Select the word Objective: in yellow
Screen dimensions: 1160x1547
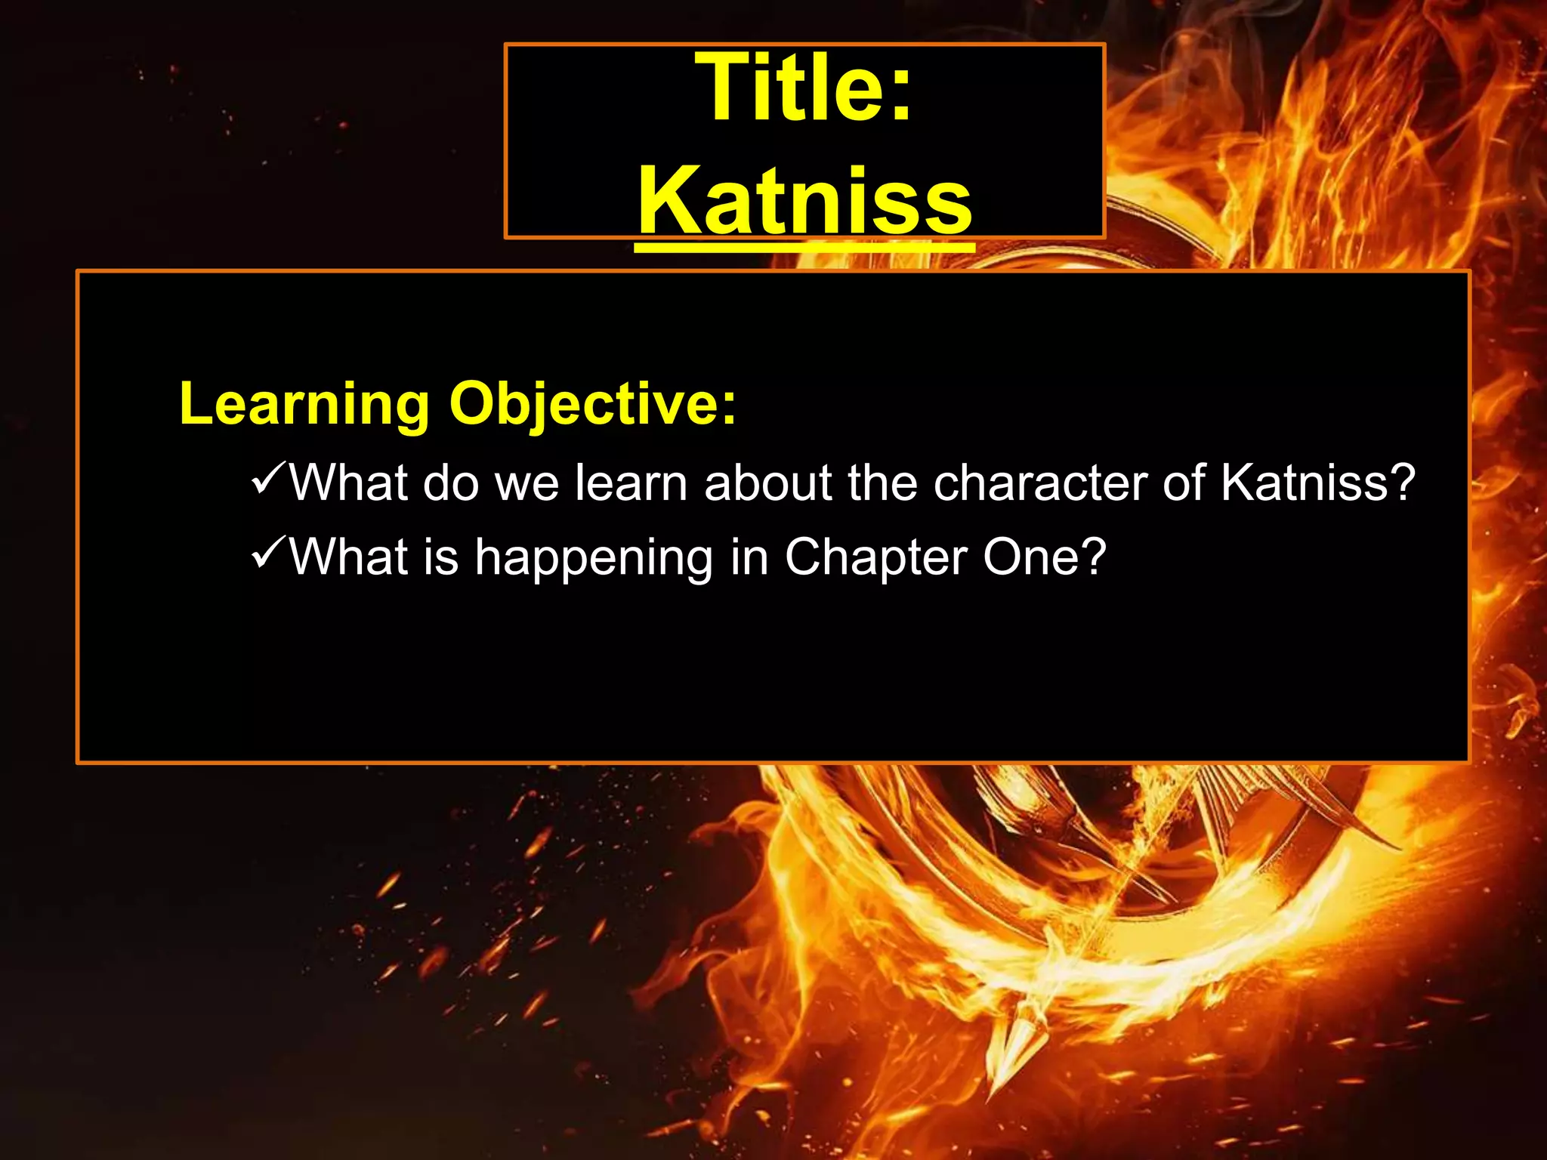pyautogui.click(x=593, y=404)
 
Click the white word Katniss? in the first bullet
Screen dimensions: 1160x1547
pyautogui.click(x=1317, y=483)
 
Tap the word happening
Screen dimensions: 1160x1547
pyautogui.click(x=594, y=559)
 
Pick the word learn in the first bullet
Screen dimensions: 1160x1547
pyautogui.click(x=631, y=483)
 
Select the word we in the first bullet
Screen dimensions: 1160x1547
pyautogui.click(x=526, y=484)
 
